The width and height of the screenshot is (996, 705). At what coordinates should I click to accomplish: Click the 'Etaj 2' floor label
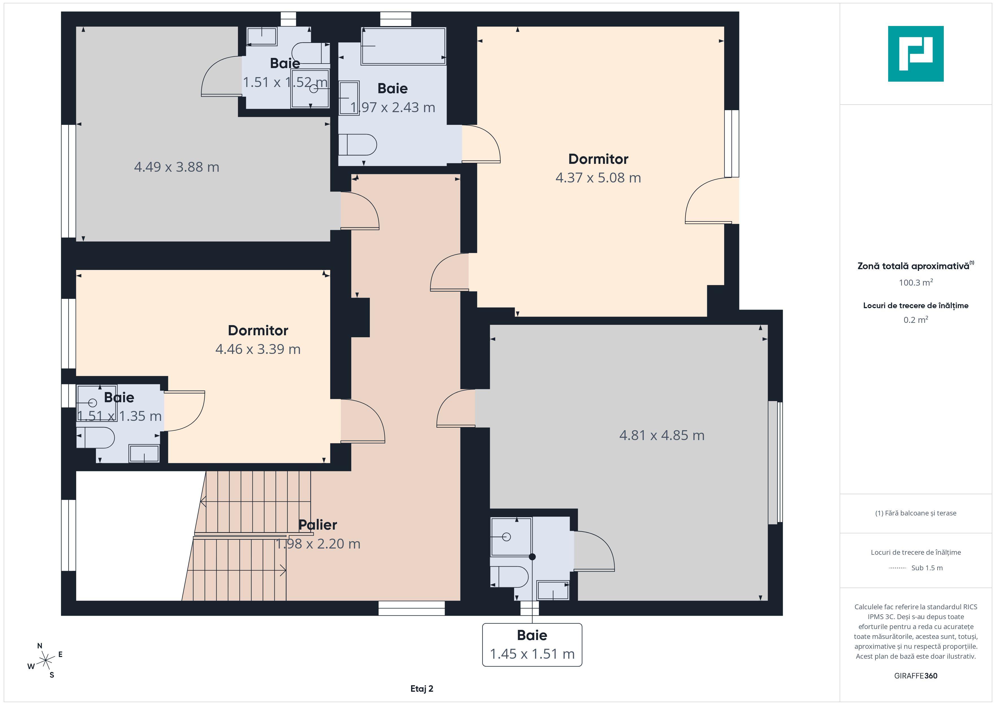click(422, 689)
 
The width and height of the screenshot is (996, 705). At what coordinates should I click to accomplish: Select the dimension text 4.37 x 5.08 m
click(598, 178)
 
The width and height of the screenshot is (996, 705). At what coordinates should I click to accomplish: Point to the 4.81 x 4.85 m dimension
click(661, 435)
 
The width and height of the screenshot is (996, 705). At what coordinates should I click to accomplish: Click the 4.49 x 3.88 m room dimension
click(176, 167)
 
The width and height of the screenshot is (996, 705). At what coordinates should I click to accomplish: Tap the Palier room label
click(318, 525)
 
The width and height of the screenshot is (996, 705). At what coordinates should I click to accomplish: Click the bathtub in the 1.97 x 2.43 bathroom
click(403, 46)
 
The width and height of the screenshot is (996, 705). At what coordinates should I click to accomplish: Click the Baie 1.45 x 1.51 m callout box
click(532, 645)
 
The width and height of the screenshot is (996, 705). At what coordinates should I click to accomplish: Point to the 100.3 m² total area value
click(916, 283)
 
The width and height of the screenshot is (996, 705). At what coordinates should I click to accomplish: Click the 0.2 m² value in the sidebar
click(916, 320)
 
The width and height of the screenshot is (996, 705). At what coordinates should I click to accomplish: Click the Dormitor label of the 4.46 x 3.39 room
click(258, 330)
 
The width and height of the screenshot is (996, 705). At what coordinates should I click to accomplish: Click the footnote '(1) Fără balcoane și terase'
click(916, 513)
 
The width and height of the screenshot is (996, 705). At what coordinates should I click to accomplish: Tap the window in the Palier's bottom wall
click(412, 608)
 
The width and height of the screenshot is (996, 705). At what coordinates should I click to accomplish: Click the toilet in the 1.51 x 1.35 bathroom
click(95, 438)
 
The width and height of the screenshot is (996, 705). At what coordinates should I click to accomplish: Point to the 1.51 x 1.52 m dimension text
click(285, 82)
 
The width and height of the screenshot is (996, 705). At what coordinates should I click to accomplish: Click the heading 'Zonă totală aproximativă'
click(913, 266)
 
